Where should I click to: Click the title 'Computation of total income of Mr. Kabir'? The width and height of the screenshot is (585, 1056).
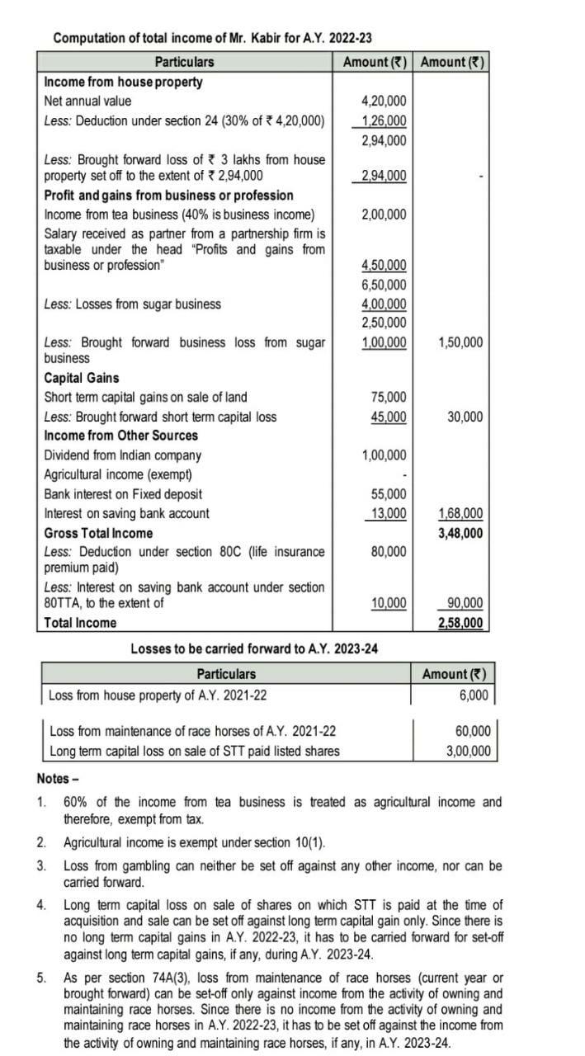(212, 38)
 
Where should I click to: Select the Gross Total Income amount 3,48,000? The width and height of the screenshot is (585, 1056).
(460, 533)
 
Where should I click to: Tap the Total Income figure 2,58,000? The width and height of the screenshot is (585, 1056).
(460, 623)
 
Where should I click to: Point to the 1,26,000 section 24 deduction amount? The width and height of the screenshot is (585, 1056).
(384, 121)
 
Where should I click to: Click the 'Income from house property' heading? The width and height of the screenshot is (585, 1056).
(123, 82)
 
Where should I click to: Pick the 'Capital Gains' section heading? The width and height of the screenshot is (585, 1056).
(81, 378)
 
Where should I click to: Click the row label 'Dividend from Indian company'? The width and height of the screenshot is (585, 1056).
(122, 455)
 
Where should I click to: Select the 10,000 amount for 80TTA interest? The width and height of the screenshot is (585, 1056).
(388, 603)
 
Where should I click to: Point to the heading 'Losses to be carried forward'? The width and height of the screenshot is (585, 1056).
(254, 648)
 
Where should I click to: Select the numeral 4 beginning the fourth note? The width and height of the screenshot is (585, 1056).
(40, 905)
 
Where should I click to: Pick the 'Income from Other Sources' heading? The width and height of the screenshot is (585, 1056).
(120, 436)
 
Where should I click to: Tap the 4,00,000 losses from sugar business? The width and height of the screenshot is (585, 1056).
(384, 304)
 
